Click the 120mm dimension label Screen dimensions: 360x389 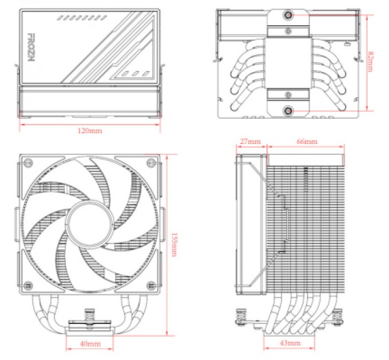[x=90, y=131]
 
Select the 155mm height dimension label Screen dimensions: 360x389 [x=173, y=244]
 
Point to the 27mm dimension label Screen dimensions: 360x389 [x=251, y=141]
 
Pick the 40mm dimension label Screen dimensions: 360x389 [x=90, y=344]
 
